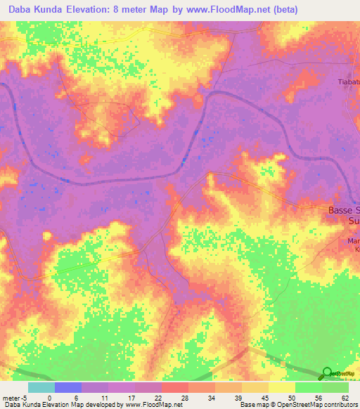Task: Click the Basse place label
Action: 344,210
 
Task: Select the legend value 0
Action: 49,397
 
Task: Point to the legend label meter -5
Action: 14,397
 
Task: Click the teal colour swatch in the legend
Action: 41,387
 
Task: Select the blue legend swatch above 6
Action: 67,387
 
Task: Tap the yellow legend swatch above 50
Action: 281,387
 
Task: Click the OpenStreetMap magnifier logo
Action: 326,373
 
